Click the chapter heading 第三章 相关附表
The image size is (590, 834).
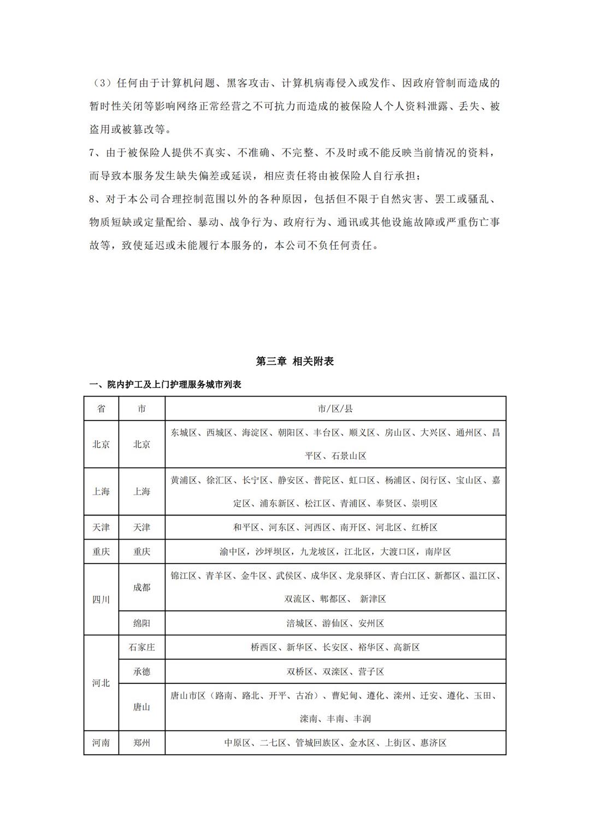295,361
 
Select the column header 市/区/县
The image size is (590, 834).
335,409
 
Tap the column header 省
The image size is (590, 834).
101,409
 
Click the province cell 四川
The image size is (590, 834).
101,599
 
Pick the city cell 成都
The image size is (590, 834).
141,587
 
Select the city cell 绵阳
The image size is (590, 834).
141,623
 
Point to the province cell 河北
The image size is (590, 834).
101,683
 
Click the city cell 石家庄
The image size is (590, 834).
141,647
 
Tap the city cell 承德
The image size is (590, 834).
141,671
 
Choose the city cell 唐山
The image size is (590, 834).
141,707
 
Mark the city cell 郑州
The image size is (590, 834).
141,743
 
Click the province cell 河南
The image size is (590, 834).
101,743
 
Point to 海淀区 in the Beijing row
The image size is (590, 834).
255,433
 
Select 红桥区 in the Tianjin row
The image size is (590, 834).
424,528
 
